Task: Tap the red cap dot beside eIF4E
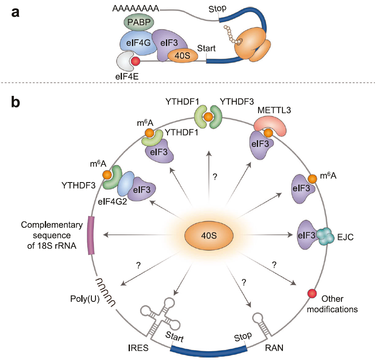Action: click(135, 62)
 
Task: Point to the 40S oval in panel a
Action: click(183, 56)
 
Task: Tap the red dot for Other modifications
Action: click(311, 293)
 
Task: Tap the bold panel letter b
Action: click(16, 102)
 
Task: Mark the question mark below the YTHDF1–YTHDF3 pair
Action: click(215, 177)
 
